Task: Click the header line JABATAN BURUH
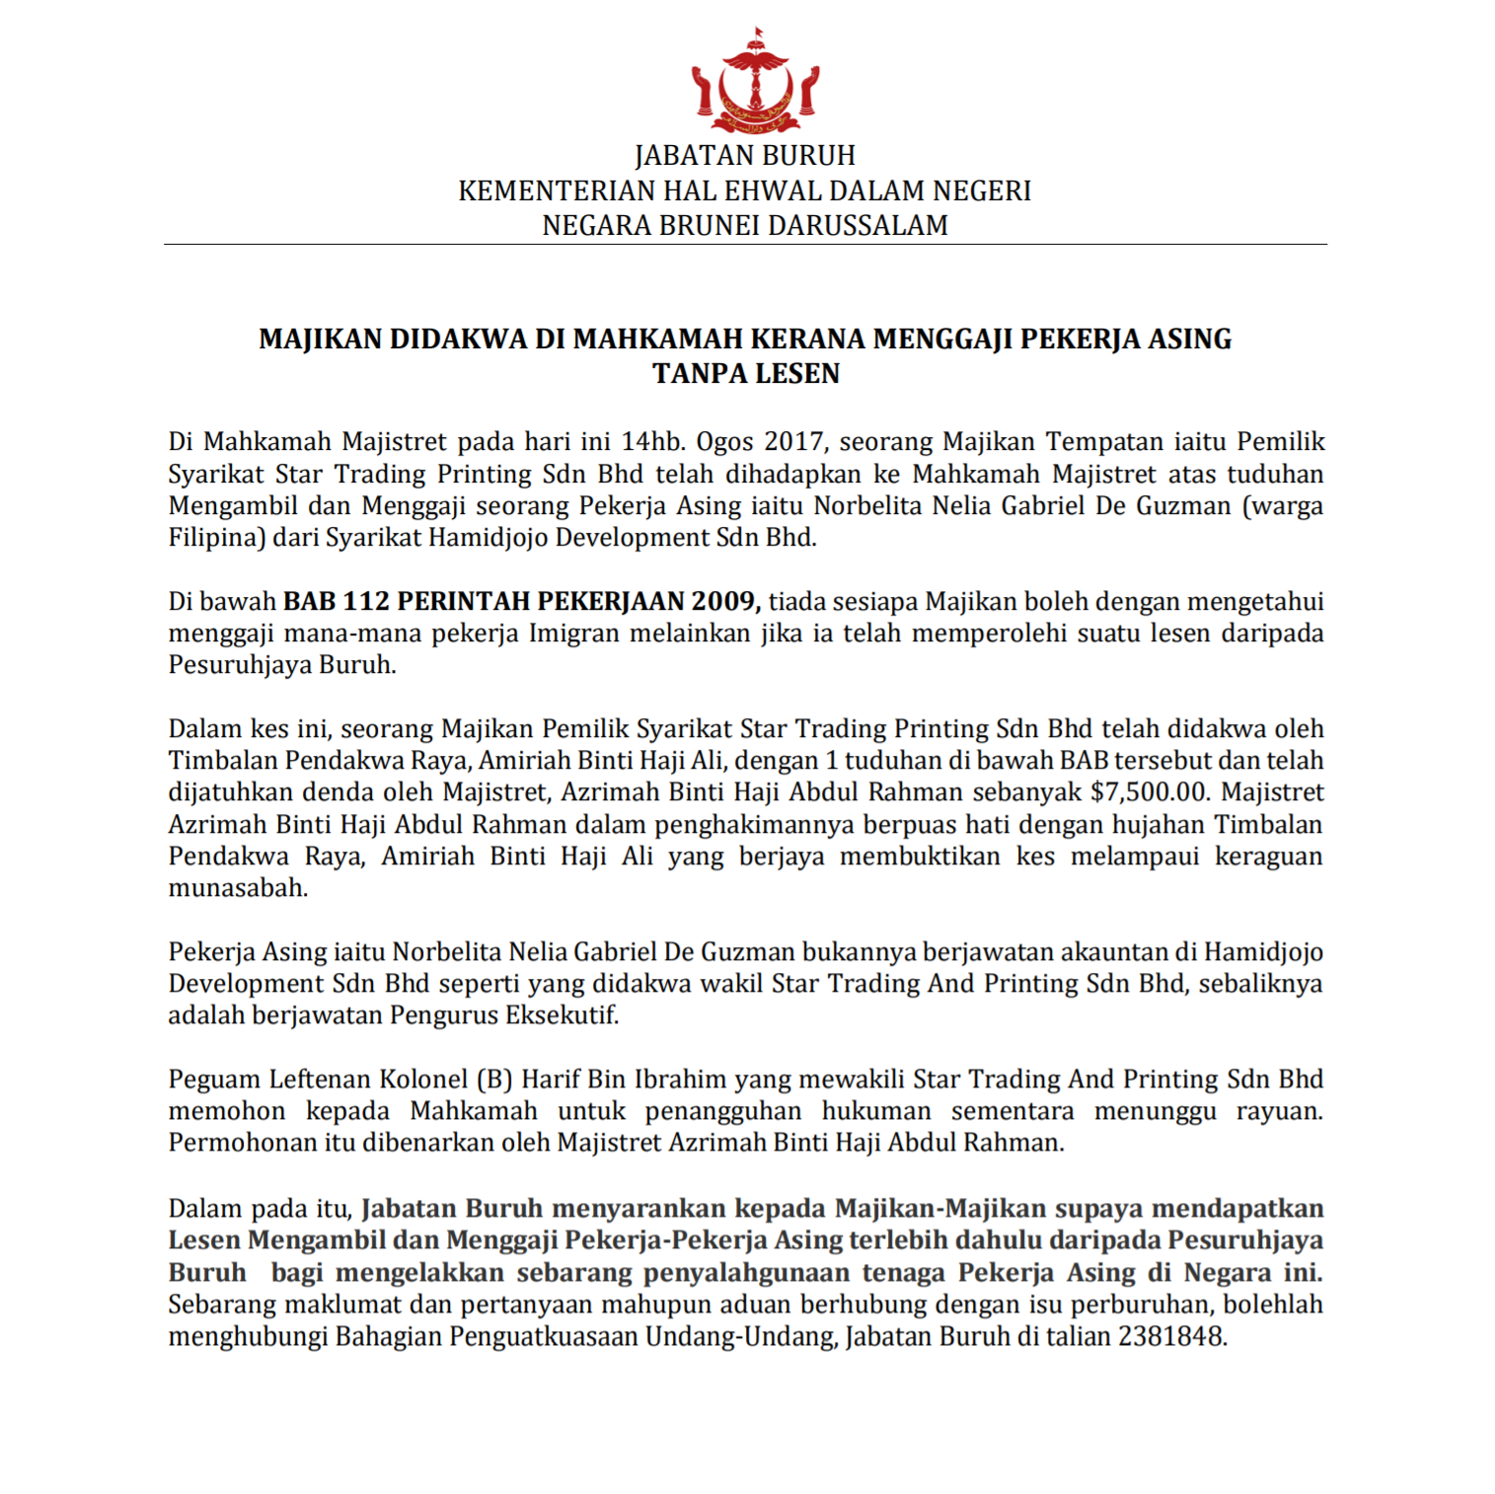click(x=744, y=156)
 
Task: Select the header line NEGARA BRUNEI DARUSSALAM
click(x=744, y=226)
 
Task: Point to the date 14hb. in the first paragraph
click(x=652, y=441)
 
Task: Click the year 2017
click(x=794, y=441)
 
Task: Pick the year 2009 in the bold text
click(x=725, y=601)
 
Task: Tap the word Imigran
click(x=577, y=634)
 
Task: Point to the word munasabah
click(x=237, y=888)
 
